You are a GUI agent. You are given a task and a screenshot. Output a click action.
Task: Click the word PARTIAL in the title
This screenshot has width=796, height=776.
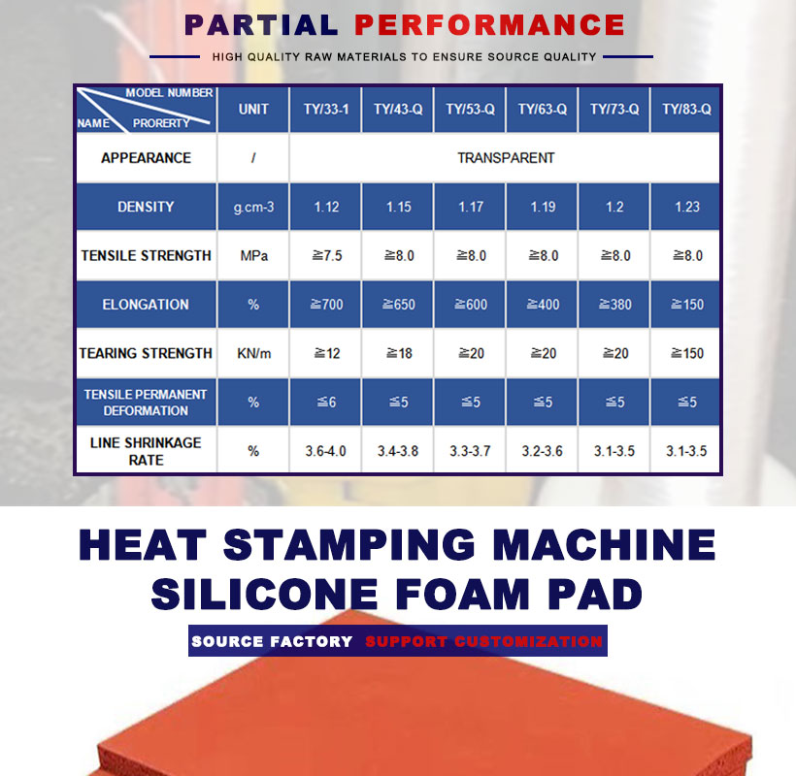point(261,25)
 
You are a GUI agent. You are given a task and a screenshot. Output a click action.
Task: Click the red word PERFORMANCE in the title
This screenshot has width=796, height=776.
point(489,25)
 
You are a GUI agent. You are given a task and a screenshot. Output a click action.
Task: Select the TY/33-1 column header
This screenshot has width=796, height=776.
point(326,109)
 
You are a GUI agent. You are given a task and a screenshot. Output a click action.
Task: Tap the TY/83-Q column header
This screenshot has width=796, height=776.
point(686,109)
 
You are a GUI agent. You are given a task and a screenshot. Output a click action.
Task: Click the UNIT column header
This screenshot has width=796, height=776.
point(253,109)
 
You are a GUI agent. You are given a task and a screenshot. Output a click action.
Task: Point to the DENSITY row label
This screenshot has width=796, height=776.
point(146,207)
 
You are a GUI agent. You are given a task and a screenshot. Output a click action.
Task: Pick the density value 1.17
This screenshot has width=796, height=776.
point(471,207)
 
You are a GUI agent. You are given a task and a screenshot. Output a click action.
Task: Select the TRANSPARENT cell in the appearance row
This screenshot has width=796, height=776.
point(506,158)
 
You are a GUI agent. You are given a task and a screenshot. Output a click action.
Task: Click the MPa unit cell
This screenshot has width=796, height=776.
point(253,256)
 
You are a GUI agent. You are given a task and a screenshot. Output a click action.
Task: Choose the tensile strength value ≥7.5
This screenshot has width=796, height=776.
point(327,256)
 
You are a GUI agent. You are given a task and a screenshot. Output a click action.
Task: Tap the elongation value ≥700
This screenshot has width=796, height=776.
point(326,305)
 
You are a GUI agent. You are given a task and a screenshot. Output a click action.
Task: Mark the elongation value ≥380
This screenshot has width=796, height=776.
point(614,305)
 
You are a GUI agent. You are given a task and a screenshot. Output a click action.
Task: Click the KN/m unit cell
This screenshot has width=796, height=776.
point(253,353)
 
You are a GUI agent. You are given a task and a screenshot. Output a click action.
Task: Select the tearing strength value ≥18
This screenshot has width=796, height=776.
point(399,353)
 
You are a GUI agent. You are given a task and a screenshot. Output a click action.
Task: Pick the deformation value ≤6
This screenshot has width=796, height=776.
point(326,403)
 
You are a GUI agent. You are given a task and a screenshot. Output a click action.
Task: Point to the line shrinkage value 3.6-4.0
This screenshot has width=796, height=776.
point(326,451)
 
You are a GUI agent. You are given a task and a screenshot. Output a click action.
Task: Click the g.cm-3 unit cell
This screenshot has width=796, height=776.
point(253,207)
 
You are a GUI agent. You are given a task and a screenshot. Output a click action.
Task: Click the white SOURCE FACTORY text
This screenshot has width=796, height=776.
point(272,641)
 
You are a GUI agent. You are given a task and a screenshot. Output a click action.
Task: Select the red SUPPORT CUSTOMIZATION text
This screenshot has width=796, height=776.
point(483,641)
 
